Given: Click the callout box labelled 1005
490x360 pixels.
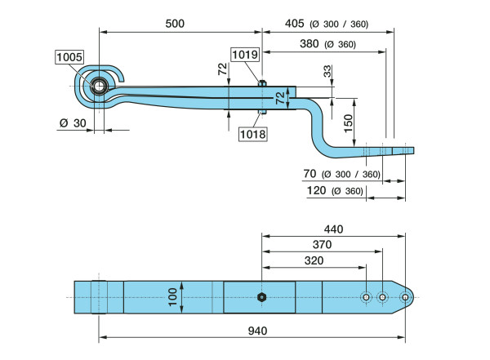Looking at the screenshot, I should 69,57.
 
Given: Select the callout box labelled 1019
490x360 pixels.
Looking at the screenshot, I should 244,55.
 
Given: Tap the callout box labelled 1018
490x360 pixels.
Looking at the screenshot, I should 253,134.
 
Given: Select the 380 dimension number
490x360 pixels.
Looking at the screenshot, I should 310,43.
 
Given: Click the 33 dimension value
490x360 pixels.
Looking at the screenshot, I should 328,72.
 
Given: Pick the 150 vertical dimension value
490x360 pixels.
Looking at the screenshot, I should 348,123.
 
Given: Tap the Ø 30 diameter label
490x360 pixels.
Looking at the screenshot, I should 71,123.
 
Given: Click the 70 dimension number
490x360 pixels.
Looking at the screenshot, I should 310,173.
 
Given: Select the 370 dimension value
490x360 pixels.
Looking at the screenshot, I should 323,244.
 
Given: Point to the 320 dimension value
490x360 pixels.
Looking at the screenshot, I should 312,261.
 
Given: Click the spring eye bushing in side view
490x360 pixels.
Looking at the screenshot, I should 99,85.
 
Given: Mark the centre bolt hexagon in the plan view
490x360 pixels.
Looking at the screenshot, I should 261,297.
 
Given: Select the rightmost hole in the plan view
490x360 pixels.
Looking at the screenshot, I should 404,297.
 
